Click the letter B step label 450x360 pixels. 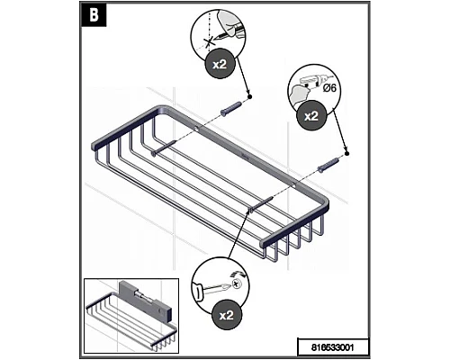pos(94,15)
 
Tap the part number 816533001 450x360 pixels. pos(332,347)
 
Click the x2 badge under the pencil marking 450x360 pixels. pos(220,64)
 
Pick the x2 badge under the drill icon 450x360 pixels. pos(311,116)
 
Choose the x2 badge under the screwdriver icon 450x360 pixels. pos(227,315)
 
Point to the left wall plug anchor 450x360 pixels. pos(231,108)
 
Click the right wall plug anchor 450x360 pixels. pos(328,165)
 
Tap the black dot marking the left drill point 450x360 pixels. pos(249,96)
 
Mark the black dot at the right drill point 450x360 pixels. pos(346,154)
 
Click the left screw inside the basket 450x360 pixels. pos(163,148)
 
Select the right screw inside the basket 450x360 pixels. pos(261,204)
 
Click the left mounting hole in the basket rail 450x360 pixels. pos(197,129)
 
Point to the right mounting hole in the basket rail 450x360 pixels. pos(294,185)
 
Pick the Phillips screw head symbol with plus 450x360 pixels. pos(237,283)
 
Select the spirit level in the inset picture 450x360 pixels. pos(146,301)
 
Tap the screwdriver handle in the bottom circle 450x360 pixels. pos(199,291)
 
